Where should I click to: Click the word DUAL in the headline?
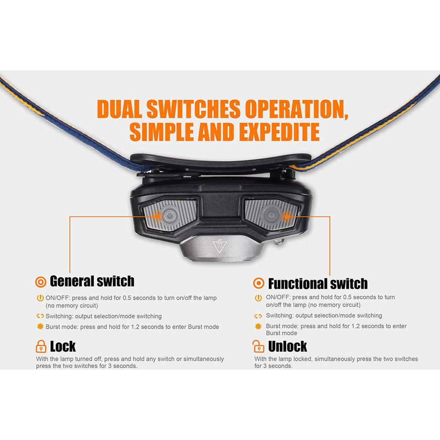pos(119,109)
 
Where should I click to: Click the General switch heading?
pos(92,281)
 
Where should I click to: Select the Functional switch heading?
pos(318,283)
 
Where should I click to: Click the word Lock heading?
pos(63,346)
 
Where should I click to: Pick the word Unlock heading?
pos(288,346)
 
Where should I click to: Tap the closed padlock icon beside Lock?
pos(41,346)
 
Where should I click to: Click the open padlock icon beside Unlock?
pos(258,346)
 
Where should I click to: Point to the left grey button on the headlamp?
pos(169,215)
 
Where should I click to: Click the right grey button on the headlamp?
pos(271,215)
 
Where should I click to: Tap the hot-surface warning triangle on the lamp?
pos(220,247)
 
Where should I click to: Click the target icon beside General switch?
pos(40,282)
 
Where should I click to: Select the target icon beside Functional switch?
pos(258,283)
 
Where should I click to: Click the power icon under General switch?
pos(40,298)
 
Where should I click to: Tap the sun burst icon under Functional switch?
pos(258,326)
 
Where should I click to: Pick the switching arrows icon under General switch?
pos(40,316)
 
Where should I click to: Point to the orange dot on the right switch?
pos(286,216)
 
